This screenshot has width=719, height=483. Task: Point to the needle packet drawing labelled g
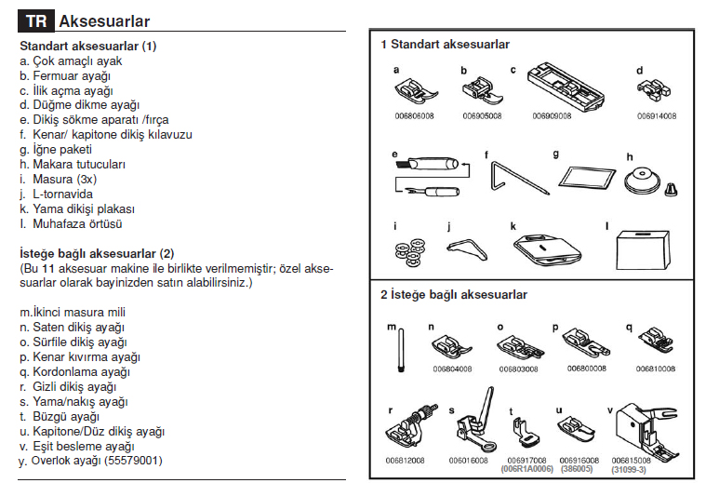pos(585,175)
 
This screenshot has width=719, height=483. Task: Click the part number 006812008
pos(404,459)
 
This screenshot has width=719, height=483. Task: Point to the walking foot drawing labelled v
pos(645,424)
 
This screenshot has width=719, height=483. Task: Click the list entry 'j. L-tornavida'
pos(56,194)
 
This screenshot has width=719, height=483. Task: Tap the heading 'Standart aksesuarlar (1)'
pos(88,46)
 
